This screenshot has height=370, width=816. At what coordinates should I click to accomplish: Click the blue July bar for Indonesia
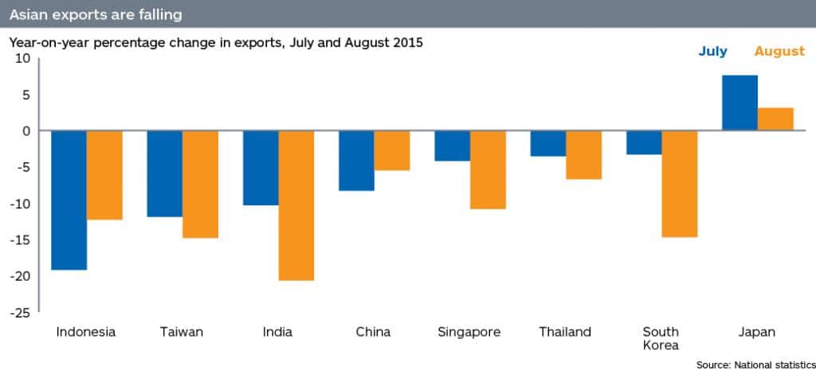click(x=69, y=201)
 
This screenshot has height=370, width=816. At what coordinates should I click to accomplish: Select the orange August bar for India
click(x=296, y=205)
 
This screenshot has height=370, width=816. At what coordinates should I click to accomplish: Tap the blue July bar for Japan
click(x=739, y=103)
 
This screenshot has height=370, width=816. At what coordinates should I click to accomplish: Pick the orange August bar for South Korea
click(x=680, y=184)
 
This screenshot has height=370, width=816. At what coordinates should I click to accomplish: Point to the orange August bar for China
click(x=392, y=150)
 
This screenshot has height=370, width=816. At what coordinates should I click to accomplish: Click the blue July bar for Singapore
click(x=452, y=146)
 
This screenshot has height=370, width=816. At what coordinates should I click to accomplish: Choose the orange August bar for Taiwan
click(x=201, y=185)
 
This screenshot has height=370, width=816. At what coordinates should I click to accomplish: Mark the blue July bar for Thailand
click(x=547, y=143)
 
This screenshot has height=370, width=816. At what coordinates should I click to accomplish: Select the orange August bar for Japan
click(x=775, y=119)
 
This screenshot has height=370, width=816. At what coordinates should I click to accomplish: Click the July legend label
click(x=712, y=52)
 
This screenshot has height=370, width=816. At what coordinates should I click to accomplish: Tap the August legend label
click(x=779, y=52)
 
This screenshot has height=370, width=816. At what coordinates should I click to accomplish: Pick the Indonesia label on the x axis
click(x=86, y=332)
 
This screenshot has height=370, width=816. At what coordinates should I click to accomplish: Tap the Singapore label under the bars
click(x=469, y=332)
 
